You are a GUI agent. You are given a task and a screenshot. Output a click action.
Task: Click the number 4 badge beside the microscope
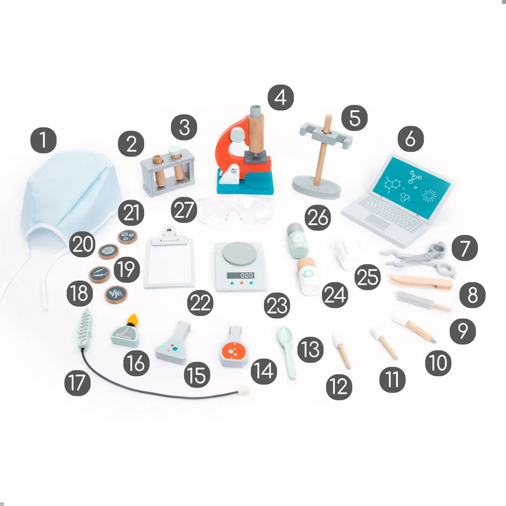pos(280,97)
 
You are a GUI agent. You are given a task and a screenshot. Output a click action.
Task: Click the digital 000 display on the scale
pos(241,275)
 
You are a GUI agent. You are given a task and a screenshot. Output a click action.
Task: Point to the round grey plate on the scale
pos(239,254)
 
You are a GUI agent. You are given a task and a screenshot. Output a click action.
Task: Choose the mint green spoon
pos(286,352)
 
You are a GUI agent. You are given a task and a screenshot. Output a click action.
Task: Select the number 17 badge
pos(78,383)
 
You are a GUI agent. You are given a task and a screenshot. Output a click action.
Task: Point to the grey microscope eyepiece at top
pos(255,111)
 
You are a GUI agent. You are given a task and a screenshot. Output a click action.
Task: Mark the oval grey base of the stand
pos(317,187)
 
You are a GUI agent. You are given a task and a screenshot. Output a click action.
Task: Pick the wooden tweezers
pos(421,282)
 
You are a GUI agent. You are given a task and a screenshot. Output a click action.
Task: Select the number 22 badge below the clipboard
pos(200,303)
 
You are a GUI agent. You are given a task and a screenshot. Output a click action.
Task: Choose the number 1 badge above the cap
pos(44,140)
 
